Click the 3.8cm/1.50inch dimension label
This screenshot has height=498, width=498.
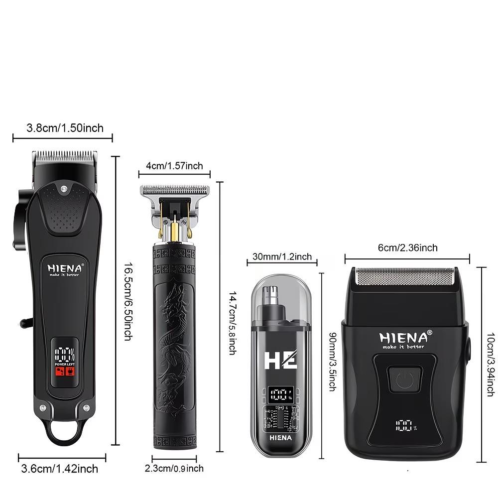[65, 128]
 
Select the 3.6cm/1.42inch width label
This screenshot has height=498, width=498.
[60, 469]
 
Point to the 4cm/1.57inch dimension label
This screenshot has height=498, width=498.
[174, 166]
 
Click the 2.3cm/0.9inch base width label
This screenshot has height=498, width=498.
[174, 469]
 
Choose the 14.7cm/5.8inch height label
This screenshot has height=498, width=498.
[232, 323]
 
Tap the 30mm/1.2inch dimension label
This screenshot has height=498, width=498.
[281, 257]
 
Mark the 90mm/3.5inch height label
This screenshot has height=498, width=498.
[332, 362]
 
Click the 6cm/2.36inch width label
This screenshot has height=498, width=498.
[407, 248]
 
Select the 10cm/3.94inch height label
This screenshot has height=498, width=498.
[491, 365]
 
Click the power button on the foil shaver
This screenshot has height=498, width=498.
[405, 379]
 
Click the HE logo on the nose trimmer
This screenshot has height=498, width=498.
[280, 359]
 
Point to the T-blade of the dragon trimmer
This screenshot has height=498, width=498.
[174, 191]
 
